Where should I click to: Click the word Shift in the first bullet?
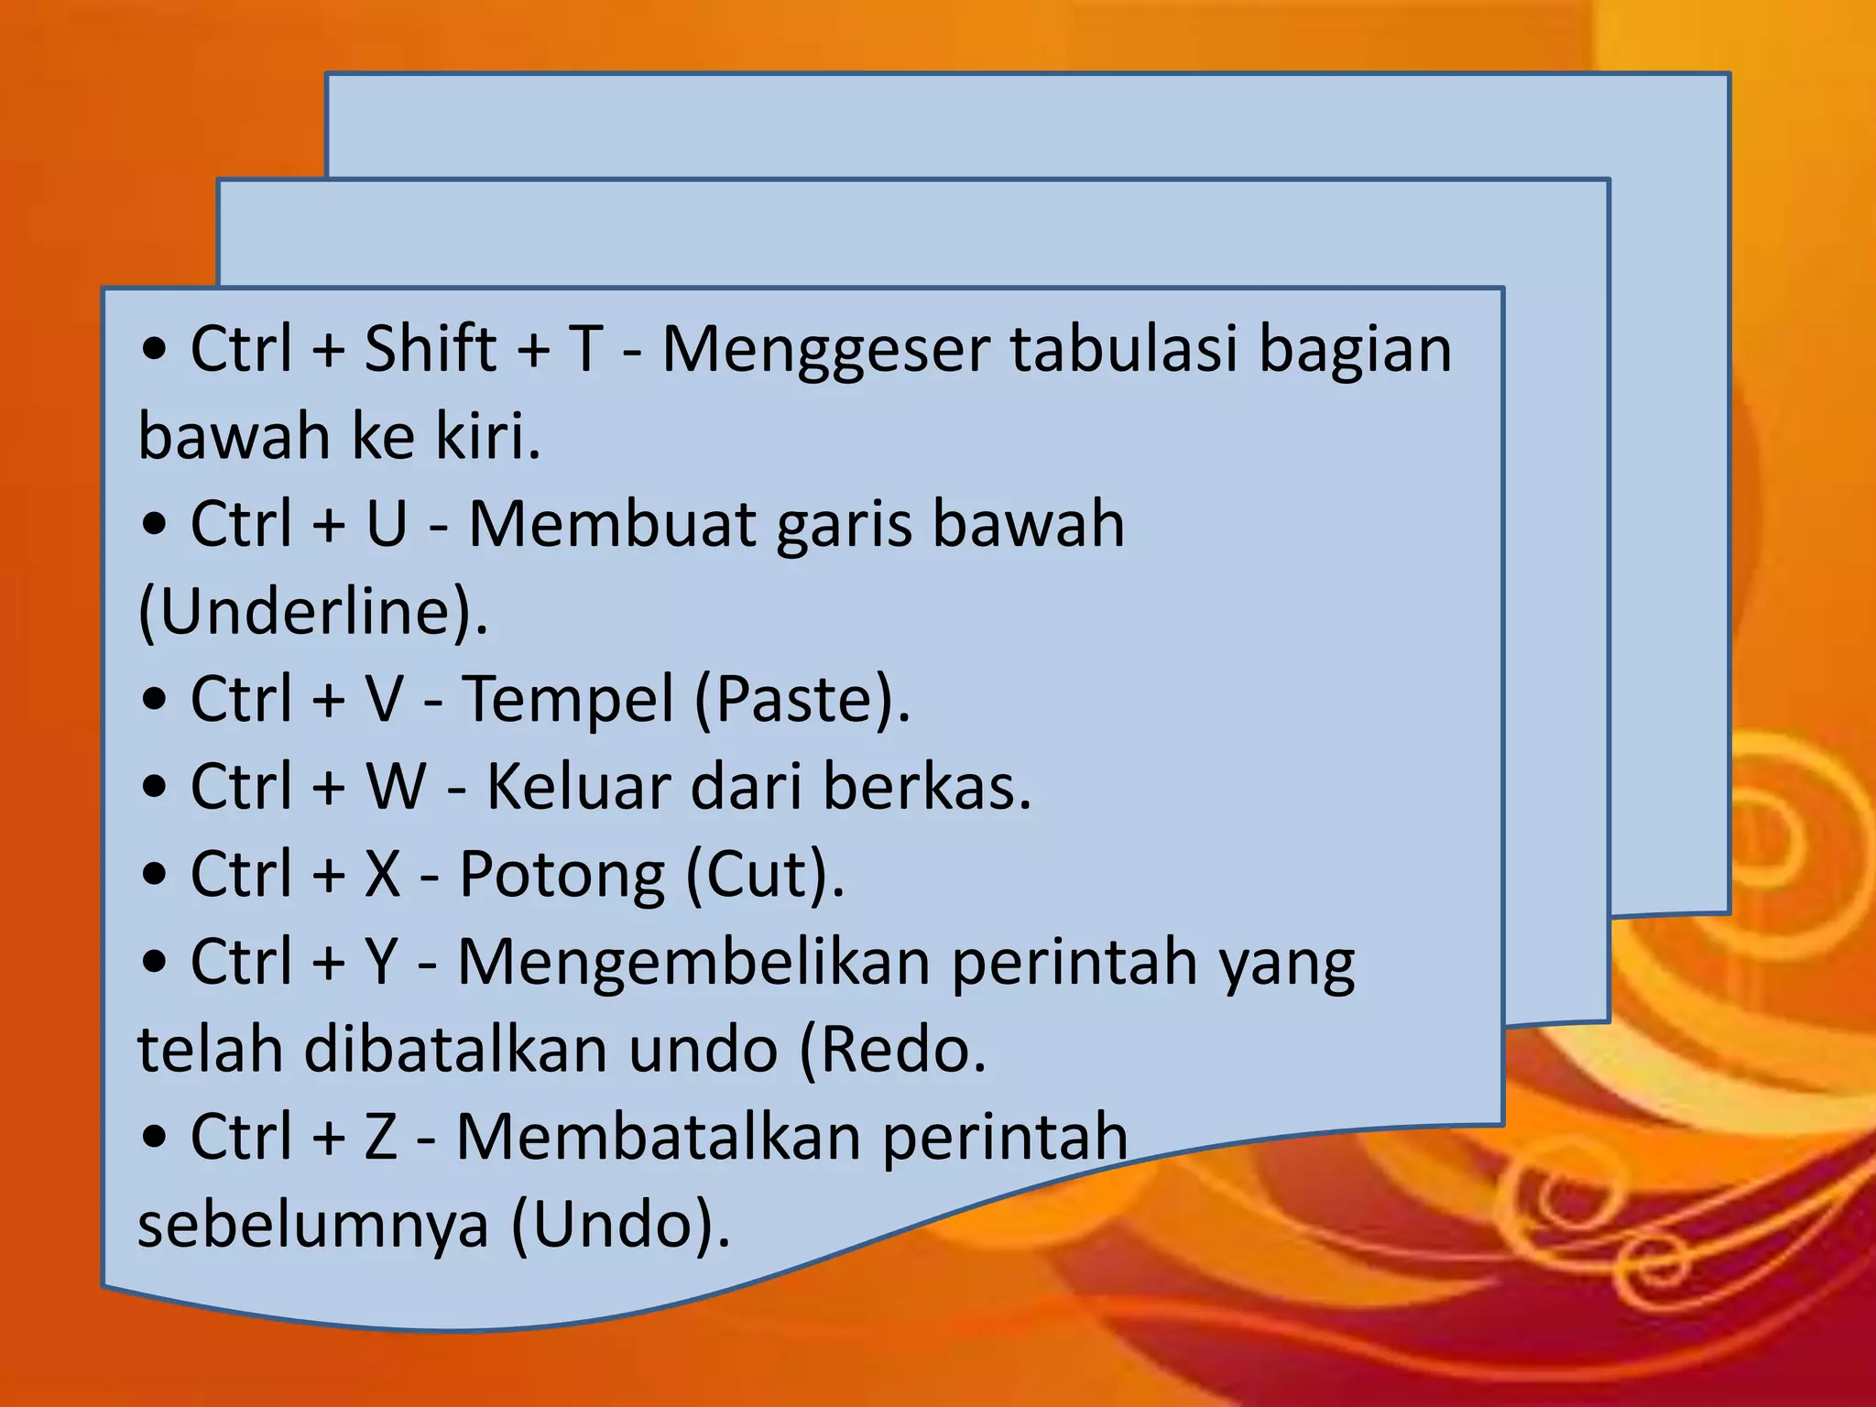point(430,349)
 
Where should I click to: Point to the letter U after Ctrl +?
point(386,525)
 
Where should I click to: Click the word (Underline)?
point(312,612)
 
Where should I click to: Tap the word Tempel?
point(568,699)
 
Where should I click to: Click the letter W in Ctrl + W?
point(396,787)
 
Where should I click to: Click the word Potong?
point(562,875)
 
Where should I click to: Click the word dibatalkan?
point(456,1050)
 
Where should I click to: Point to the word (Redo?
point(893,1050)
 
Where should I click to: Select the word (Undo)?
point(620,1225)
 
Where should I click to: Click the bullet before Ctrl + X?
point(156,875)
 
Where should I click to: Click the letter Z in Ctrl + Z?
point(381,1137)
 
